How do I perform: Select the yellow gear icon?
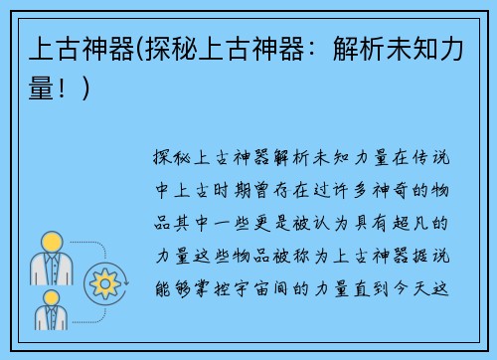tap(103, 284)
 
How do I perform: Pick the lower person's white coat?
tap(50, 318)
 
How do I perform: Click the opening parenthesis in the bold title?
tap(140, 50)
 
